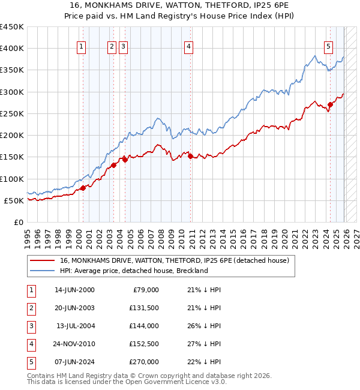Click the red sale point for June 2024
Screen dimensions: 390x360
pyautogui.click(x=330, y=105)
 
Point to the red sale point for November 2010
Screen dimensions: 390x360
pyautogui.click(x=191, y=156)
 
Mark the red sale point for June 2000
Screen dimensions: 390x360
pyautogui.click(x=83, y=188)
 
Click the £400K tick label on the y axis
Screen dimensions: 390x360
pyautogui.click(x=12, y=49)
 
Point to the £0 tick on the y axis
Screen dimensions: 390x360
pyautogui.click(x=18, y=222)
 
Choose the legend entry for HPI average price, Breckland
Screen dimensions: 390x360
pyautogui.click(x=133, y=271)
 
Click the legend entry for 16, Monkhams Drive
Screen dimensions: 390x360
pyautogui.click(x=175, y=260)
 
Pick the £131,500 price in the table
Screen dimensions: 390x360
pyautogui.click(x=144, y=308)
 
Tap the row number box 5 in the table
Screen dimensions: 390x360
pyautogui.click(x=30, y=362)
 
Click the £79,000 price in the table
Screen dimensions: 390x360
pyautogui.click(x=146, y=290)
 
